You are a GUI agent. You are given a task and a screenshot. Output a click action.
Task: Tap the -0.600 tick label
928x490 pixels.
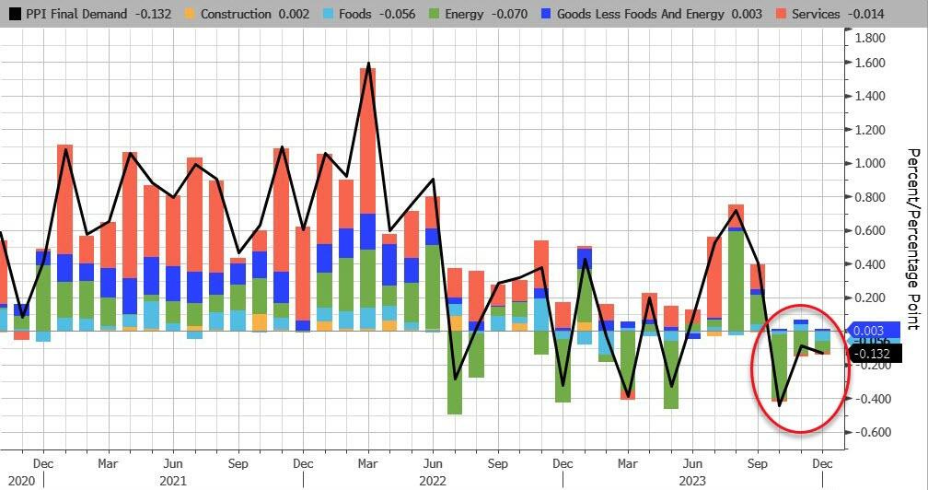[x=871, y=432]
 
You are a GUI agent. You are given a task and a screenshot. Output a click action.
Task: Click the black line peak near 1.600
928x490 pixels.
[x=368, y=64]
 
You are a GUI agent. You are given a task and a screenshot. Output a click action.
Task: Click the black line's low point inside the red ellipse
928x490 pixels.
[x=780, y=404]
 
